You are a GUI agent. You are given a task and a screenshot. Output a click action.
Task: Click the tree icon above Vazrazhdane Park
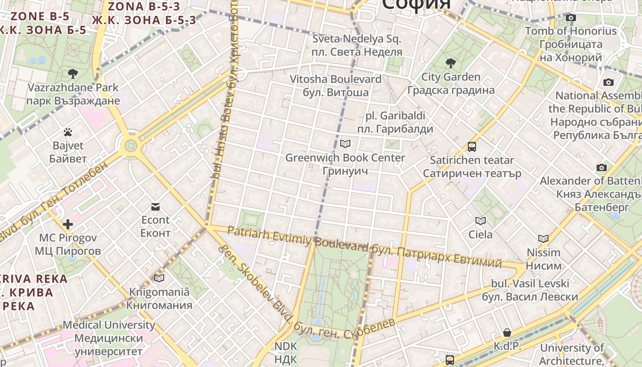(x=72, y=73)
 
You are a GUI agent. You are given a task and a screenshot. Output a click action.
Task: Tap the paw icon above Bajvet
(x=68, y=133)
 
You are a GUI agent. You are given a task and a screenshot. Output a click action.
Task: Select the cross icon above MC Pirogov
(x=68, y=224)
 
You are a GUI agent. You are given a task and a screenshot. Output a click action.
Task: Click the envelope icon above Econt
(x=155, y=207)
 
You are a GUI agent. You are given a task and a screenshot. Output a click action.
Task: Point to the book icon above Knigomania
(x=159, y=278)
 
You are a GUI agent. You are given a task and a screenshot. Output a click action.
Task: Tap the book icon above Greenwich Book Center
(x=345, y=144)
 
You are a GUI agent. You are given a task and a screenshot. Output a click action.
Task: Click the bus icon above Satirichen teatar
(x=472, y=147)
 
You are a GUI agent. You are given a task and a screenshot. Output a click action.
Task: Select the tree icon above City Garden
(x=450, y=63)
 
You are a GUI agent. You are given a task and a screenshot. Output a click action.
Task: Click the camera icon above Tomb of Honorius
(x=570, y=18)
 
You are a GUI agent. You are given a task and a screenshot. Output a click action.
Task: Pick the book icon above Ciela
(x=480, y=221)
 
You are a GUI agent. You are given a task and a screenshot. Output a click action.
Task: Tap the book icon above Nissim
(x=543, y=239)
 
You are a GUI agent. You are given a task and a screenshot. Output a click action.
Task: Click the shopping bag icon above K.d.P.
(x=507, y=333)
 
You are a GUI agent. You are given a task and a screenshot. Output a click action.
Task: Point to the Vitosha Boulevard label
(x=336, y=86)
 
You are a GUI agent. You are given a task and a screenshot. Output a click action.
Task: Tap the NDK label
(x=286, y=352)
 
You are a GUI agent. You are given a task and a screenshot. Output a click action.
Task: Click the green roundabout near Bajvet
(x=131, y=146)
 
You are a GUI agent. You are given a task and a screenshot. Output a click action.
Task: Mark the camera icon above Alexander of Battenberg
(x=602, y=167)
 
